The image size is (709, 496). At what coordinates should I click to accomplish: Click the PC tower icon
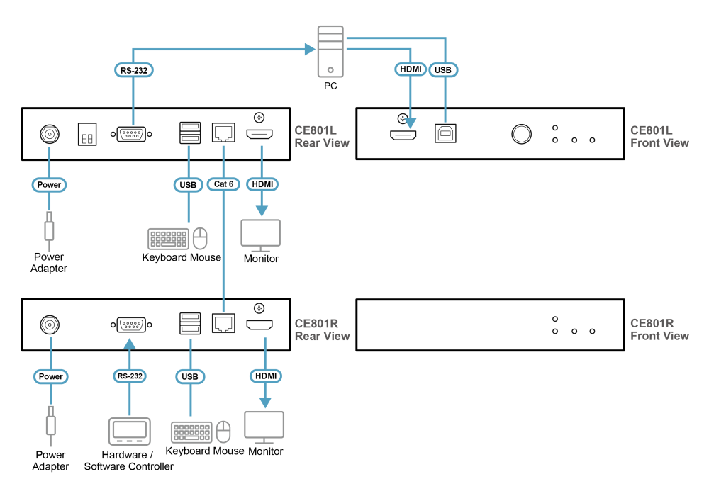pyautogui.click(x=330, y=52)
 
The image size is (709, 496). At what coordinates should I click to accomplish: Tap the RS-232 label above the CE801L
pyautogui.click(x=134, y=70)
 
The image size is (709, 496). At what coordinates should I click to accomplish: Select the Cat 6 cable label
pyautogui.click(x=223, y=184)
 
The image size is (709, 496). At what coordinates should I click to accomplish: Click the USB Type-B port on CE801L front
pyautogui.click(x=445, y=133)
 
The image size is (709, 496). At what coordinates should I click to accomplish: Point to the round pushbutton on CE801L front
pyautogui.click(x=521, y=134)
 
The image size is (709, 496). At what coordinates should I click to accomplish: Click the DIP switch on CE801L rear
pyautogui.click(x=87, y=134)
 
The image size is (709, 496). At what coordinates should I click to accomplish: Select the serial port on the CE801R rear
pyautogui.click(x=131, y=325)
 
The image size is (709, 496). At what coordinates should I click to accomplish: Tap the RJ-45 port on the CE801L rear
pyautogui.click(x=223, y=133)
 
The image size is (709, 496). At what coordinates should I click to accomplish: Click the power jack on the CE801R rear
pyautogui.click(x=50, y=325)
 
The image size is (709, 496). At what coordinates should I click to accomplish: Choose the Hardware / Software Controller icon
pyautogui.click(x=129, y=432)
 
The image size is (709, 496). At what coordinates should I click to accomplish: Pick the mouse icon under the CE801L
pyautogui.click(x=201, y=239)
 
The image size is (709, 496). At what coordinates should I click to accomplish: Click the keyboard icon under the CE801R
pyautogui.click(x=191, y=432)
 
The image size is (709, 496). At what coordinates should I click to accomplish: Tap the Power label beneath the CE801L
pyautogui.click(x=50, y=185)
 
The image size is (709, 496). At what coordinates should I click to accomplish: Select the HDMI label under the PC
pyautogui.click(x=411, y=69)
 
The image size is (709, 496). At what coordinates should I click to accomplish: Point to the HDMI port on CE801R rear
pyautogui.click(x=259, y=325)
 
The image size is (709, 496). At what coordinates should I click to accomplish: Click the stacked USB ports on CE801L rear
pyautogui.click(x=190, y=133)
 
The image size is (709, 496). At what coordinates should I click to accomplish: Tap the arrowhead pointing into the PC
pyautogui.click(x=311, y=49)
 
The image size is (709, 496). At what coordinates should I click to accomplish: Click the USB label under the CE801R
pyautogui.click(x=190, y=377)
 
